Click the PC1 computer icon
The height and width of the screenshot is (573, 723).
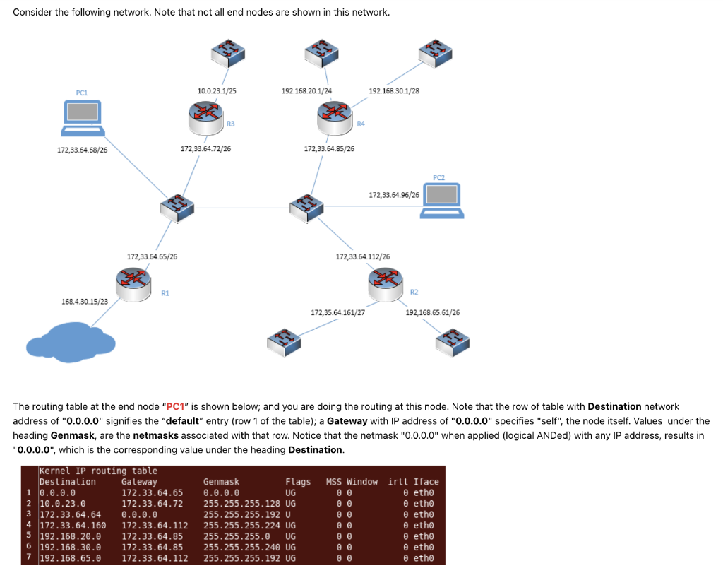point(83,117)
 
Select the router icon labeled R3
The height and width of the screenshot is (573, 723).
point(205,118)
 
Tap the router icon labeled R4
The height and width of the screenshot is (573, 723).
point(334,118)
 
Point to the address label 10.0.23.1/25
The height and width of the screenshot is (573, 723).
point(217,90)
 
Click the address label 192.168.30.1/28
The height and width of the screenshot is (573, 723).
point(394,90)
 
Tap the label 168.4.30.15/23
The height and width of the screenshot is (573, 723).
point(85,302)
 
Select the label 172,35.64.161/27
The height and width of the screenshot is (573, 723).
point(337,312)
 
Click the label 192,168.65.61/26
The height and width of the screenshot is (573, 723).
point(432,312)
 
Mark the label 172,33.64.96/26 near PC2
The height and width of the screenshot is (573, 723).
point(394,194)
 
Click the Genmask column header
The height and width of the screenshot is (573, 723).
point(221,482)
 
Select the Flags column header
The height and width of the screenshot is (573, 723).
point(297,482)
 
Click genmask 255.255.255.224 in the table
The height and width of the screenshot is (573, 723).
point(242,525)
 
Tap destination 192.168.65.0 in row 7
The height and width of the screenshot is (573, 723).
point(70,557)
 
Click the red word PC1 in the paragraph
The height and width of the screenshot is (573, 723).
point(174,406)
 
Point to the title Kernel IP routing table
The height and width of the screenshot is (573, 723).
point(98,471)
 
